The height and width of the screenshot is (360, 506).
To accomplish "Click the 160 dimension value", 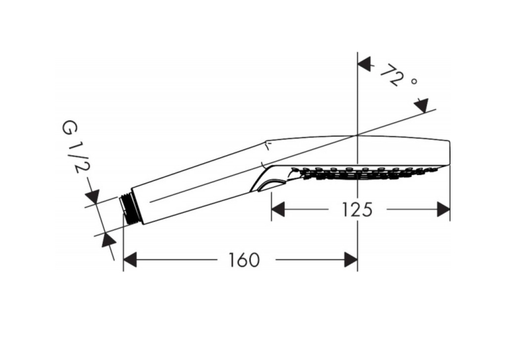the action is (x=244, y=260).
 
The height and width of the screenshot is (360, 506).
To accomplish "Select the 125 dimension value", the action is (x=357, y=209).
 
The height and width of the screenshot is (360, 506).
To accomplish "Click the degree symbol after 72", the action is (x=414, y=81).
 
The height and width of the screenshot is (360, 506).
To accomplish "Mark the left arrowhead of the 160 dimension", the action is (x=130, y=260).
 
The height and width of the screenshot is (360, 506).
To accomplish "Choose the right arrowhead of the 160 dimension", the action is (x=351, y=260).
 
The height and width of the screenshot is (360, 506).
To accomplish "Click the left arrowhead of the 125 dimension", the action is (x=278, y=209).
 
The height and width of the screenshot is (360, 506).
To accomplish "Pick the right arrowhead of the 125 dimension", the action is (x=443, y=209).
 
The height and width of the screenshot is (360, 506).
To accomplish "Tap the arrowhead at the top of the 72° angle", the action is (x=365, y=64).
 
